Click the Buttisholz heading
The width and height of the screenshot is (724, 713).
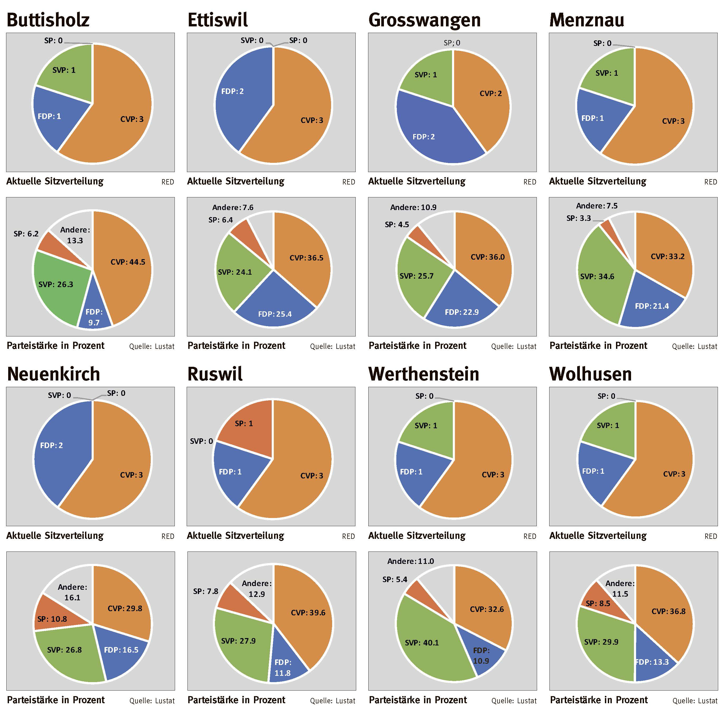[x=48, y=20]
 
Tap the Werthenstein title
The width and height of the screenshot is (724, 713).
[x=424, y=374]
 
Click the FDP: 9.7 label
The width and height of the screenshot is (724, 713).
[x=94, y=317]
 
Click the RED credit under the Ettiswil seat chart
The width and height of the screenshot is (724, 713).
[x=349, y=182]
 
